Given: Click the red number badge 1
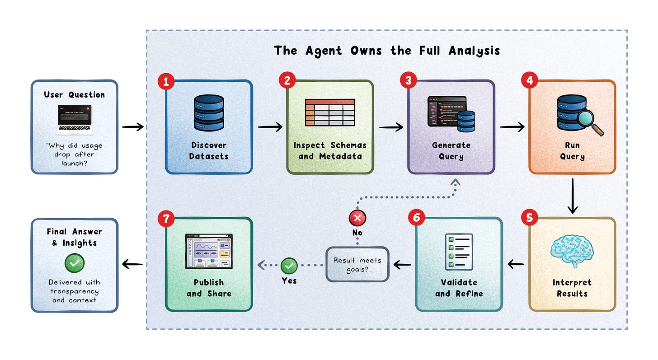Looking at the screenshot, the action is click(x=166, y=81).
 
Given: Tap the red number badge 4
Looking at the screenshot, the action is click(x=529, y=80).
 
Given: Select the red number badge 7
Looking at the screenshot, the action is click(x=166, y=219).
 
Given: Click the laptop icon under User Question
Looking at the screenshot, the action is click(x=75, y=120).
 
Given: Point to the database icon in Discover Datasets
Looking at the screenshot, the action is click(x=209, y=113).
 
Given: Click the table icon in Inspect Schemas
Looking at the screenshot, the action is click(x=330, y=112).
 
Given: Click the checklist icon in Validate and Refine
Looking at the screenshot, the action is click(x=459, y=252).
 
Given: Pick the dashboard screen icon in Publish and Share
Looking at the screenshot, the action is click(x=209, y=251).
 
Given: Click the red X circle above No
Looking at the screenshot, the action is click(x=357, y=218).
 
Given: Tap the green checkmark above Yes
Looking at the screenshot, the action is click(x=289, y=266).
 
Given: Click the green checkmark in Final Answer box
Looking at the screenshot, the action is click(x=75, y=263).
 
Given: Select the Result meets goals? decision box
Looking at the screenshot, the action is click(x=357, y=264).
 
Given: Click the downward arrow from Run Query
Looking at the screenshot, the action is click(x=573, y=196).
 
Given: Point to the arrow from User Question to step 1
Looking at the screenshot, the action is click(x=133, y=127).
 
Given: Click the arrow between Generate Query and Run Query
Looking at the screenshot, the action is click(x=512, y=127).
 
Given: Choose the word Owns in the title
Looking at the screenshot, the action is click(x=366, y=51).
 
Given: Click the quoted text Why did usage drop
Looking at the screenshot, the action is click(x=74, y=150).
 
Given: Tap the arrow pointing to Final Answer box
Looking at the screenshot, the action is click(x=132, y=264).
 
